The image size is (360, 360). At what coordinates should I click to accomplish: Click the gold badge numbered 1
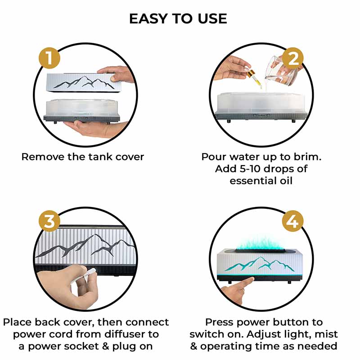tap(49, 58)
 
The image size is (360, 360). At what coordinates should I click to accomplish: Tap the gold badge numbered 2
tap(293, 58)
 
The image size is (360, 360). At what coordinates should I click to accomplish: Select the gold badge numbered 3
tap(49, 221)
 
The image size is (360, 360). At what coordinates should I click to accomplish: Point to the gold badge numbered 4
tap(293, 221)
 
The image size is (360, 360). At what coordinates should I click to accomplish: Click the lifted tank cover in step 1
tap(83, 83)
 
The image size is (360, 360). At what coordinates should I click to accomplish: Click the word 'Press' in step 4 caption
tap(219, 322)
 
